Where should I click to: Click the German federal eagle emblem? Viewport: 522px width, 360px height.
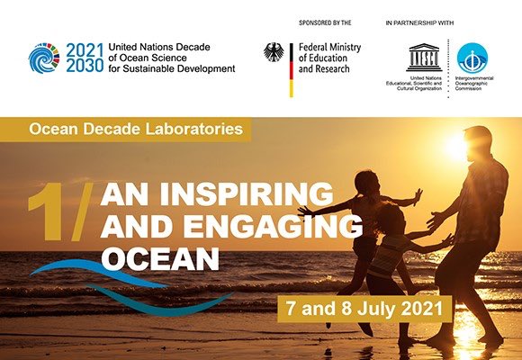tap(274, 52)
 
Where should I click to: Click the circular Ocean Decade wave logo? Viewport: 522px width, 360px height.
tap(44, 58)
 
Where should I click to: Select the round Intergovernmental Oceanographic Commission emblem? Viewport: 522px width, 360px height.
tap(472, 58)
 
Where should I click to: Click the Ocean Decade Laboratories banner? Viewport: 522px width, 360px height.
tap(136, 129)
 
